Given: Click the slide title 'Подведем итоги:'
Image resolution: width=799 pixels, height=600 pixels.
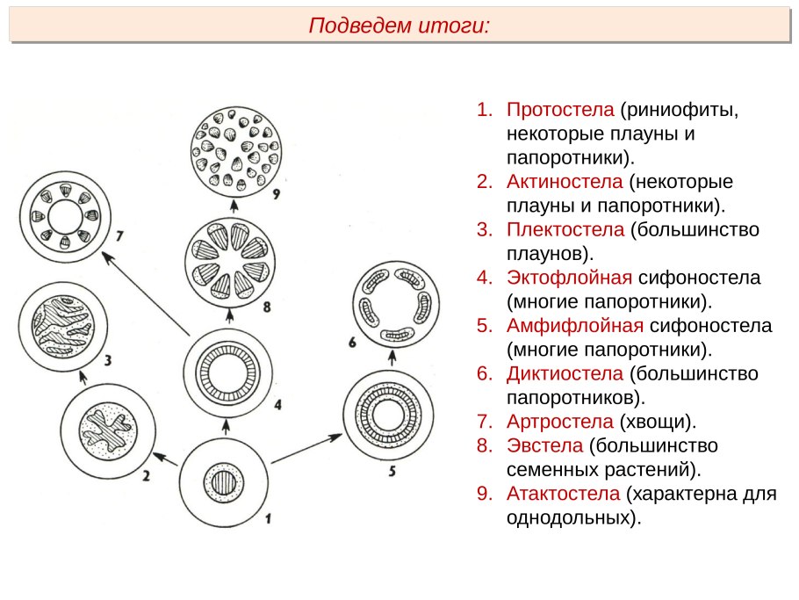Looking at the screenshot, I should (x=399, y=25).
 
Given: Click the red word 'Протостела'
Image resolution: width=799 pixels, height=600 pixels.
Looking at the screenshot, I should (x=559, y=112).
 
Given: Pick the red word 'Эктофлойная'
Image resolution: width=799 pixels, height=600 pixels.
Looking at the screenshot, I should (x=569, y=278).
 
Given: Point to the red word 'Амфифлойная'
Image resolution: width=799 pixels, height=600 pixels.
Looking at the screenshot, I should (x=574, y=326).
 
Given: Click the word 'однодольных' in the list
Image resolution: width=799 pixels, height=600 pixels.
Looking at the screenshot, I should (x=567, y=517).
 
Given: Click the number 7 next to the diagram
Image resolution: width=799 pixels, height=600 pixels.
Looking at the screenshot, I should (x=120, y=236).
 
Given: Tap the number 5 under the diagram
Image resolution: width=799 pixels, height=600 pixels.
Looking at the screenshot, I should (x=392, y=471).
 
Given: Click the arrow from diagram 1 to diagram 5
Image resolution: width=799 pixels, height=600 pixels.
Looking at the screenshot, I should (x=306, y=448).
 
